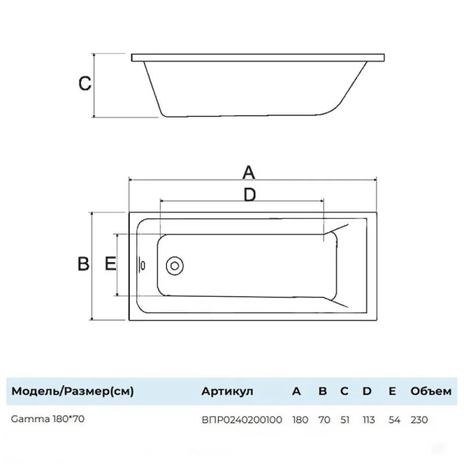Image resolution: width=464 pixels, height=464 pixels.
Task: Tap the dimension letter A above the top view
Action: point(248,171)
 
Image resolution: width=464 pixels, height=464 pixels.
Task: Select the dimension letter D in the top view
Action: point(249,196)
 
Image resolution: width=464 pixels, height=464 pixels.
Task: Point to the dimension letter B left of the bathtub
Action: point(84,264)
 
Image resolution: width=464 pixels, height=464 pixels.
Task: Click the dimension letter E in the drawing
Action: point(111,264)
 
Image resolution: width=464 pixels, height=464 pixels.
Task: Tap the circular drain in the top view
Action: point(176,265)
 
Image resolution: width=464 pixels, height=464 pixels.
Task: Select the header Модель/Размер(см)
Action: point(72,391)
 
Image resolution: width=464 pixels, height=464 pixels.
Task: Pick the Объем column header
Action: point(429,391)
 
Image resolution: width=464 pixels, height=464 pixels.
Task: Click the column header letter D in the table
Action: point(367,391)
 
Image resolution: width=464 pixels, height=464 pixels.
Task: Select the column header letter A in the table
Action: point(297,391)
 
